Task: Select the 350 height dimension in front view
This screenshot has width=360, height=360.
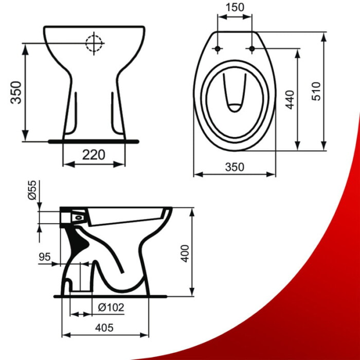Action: pyautogui.click(x=17, y=92)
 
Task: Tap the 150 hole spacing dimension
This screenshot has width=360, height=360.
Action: pyautogui.click(x=235, y=7)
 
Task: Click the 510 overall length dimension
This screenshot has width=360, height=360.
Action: pyautogui.click(x=316, y=92)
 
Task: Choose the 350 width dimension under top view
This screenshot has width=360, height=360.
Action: pyautogui.click(x=234, y=167)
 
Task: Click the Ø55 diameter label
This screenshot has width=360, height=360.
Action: pyautogui.click(x=31, y=191)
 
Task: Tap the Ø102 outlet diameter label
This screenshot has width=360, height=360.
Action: pyautogui.click(x=111, y=307)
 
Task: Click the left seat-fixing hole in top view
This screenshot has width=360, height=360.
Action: pyautogui.click(x=217, y=49)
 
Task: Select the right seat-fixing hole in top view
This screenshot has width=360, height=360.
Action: pyautogui.click(x=251, y=49)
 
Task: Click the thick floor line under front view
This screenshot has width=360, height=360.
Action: pyautogui.click(x=94, y=139)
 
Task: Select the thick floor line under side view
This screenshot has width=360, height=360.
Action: pyautogui.click(x=111, y=297)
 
